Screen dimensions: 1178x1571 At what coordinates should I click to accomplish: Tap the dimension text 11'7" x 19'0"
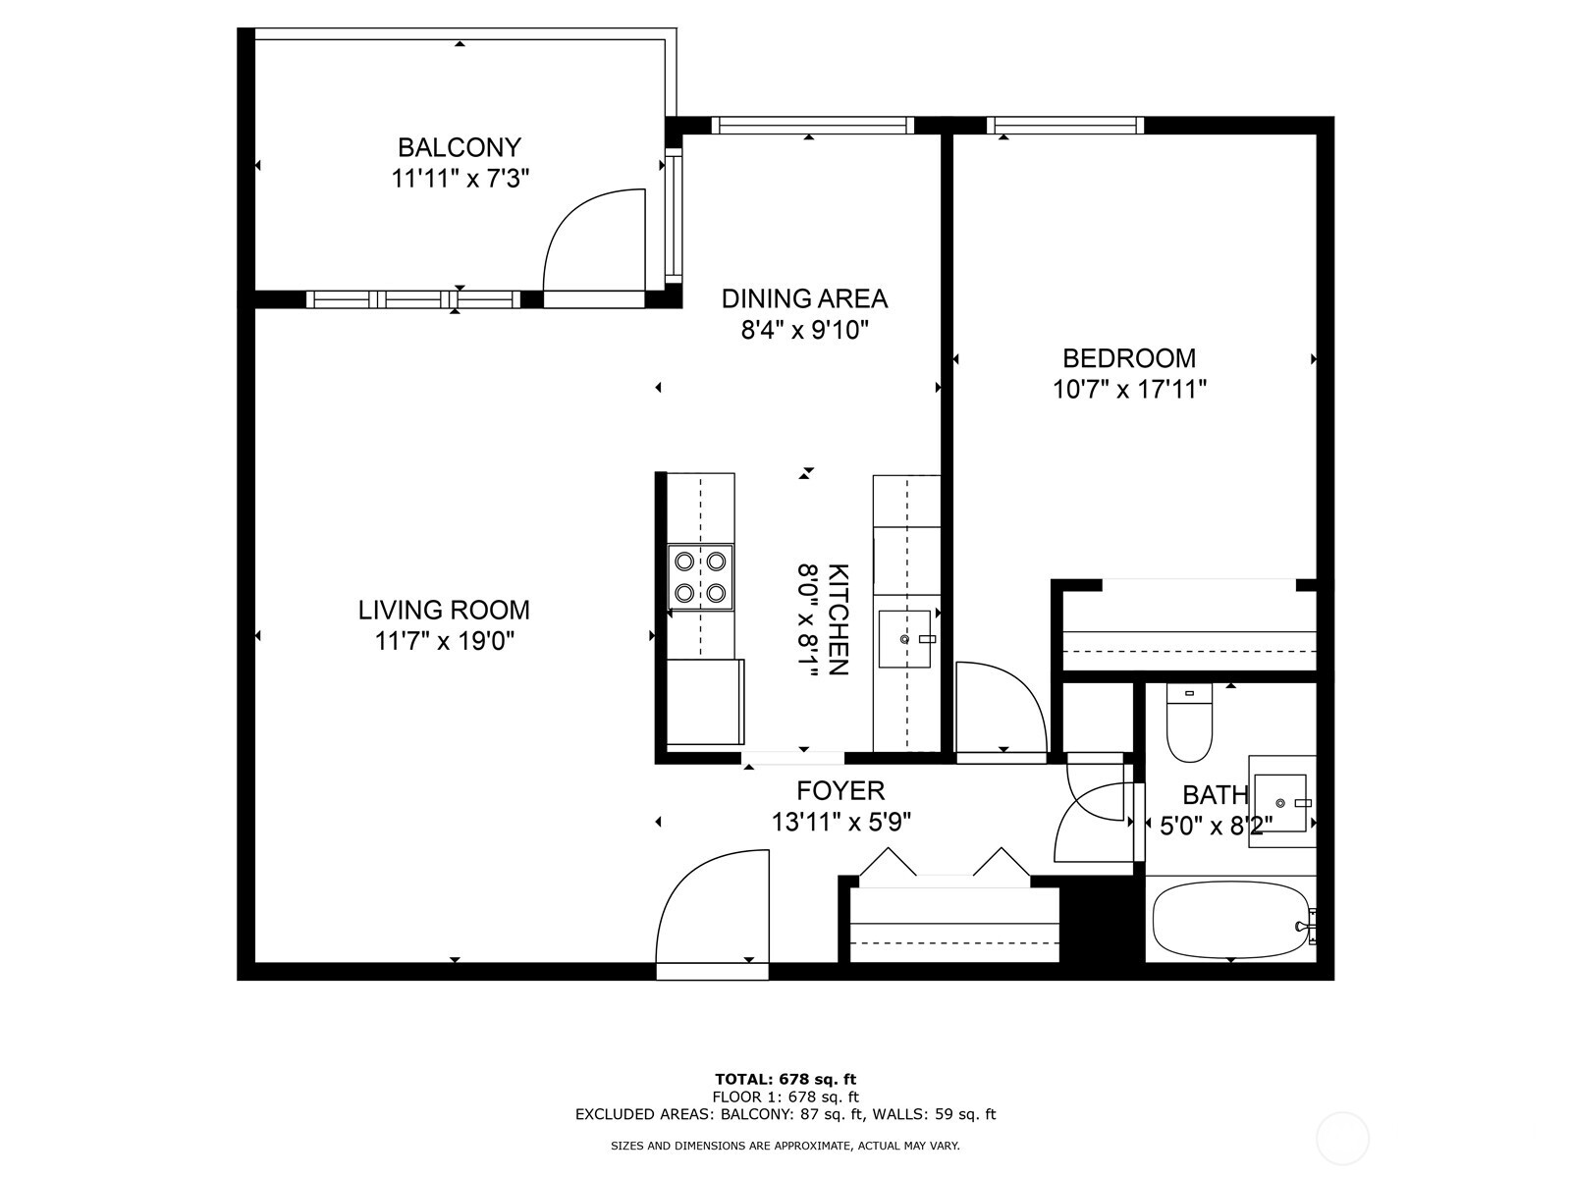point(445,641)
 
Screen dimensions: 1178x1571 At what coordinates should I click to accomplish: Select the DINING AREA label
point(804,298)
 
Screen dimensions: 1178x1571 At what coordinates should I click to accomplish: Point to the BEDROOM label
point(1129,357)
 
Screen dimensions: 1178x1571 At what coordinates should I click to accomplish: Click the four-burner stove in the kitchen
point(700,576)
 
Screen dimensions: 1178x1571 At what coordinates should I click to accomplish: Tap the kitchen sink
point(904,638)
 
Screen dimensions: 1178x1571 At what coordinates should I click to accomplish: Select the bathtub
point(1229,921)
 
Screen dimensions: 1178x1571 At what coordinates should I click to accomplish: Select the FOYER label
point(840,790)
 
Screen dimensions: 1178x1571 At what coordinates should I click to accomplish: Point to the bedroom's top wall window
point(1065,125)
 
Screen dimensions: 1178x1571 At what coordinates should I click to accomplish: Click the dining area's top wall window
point(812,125)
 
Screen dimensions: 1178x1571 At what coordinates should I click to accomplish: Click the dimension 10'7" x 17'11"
point(1129,390)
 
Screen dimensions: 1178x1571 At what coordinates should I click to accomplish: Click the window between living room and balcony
point(413,299)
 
